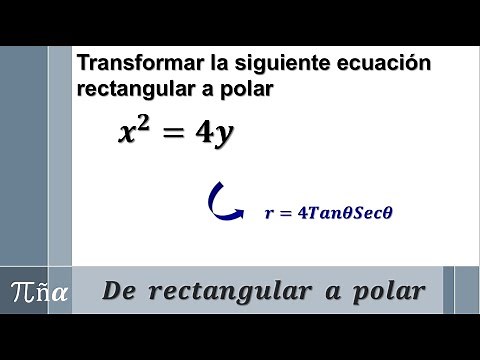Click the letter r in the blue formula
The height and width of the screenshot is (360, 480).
268,213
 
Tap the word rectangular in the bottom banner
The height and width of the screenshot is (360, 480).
236,291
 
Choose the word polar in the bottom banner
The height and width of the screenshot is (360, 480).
389,291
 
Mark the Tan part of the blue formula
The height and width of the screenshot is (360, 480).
321,212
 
